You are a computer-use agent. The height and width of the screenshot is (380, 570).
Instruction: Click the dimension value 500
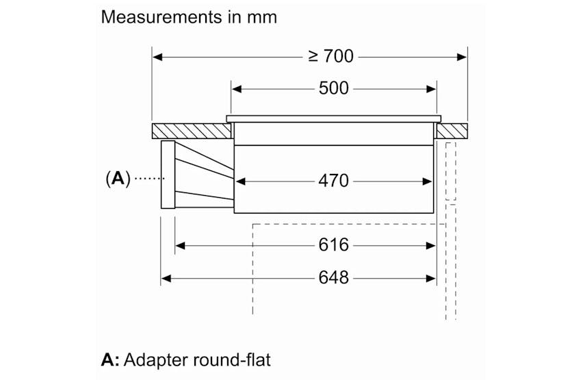(x=333, y=88)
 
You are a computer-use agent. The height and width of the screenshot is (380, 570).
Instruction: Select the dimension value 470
(x=333, y=181)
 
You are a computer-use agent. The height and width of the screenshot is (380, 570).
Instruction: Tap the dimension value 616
(x=333, y=244)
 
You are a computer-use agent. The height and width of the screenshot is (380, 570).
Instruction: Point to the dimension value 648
(x=333, y=278)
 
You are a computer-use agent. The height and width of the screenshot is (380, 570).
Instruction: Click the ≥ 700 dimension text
(x=331, y=56)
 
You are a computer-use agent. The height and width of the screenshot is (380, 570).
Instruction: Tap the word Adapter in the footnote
(x=157, y=358)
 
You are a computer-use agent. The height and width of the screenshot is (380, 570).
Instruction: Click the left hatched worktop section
(x=190, y=130)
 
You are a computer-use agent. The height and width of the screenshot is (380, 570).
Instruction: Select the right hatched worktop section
(x=452, y=130)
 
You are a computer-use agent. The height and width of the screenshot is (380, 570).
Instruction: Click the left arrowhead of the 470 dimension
(x=239, y=181)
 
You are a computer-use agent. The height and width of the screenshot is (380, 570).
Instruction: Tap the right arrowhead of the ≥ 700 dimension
(x=463, y=56)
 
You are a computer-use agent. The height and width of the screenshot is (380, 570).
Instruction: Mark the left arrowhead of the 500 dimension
(x=236, y=88)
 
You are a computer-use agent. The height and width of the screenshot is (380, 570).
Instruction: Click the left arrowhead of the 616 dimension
(x=179, y=244)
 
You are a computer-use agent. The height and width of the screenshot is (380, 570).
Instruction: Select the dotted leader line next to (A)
(x=146, y=179)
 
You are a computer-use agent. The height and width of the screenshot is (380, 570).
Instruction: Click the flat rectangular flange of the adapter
(x=168, y=175)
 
